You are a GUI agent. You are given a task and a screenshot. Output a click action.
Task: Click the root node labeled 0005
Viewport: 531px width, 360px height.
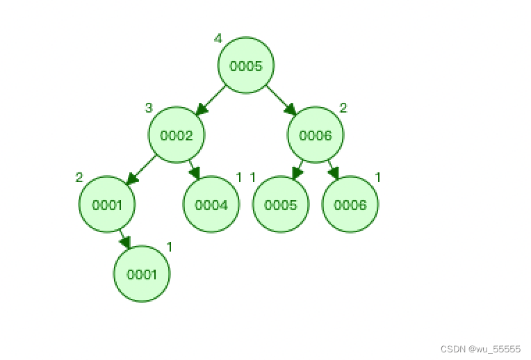click(245, 66)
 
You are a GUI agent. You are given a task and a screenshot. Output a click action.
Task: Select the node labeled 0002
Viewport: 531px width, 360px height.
click(176, 136)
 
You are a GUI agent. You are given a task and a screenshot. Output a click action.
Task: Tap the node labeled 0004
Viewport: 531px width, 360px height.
click(211, 204)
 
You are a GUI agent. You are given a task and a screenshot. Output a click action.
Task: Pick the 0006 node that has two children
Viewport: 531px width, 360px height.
click(315, 136)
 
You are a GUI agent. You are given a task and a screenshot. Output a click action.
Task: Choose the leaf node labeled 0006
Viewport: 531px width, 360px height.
click(350, 204)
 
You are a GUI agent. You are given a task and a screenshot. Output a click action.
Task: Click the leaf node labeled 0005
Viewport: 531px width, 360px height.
click(280, 204)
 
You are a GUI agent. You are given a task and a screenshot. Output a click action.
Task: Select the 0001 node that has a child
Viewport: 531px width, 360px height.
click(106, 204)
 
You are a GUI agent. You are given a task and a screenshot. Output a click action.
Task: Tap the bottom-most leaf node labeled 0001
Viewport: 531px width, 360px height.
click(141, 274)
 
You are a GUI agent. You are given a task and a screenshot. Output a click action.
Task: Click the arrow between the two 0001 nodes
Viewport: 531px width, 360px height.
click(124, 239)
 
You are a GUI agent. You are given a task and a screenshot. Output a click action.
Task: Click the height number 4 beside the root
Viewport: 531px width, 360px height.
click(218, 39)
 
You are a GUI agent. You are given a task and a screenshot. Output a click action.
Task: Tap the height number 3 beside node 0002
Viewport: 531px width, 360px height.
click(148, 108)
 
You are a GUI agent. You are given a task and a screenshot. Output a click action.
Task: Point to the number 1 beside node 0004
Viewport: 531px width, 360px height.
click(238, 177)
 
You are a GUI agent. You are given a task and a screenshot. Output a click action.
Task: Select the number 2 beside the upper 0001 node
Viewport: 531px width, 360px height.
click(79, 177)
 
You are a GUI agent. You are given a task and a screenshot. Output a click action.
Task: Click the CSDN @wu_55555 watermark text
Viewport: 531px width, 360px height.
click(480, 350)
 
